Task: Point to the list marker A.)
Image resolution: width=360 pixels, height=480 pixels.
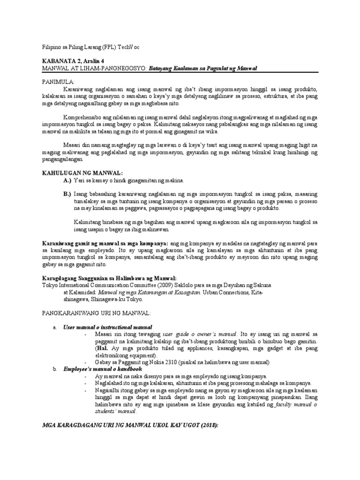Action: (x=67, y=180)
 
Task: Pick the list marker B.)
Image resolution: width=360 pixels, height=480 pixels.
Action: (x=67, y=194)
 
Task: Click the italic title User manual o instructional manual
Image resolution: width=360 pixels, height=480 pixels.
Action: (x=108, y=326)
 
